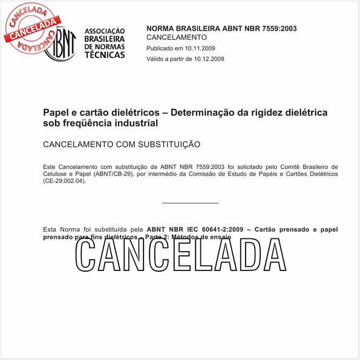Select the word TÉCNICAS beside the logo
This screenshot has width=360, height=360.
click(x=105, y=54)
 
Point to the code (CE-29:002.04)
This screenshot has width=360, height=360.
click(x=65, y=182)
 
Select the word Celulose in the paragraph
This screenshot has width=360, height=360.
click(x=57, y=174)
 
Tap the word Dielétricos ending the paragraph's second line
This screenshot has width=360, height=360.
click(x=320, y=174)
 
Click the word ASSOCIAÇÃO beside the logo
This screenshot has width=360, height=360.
click(x=105, y=30)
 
